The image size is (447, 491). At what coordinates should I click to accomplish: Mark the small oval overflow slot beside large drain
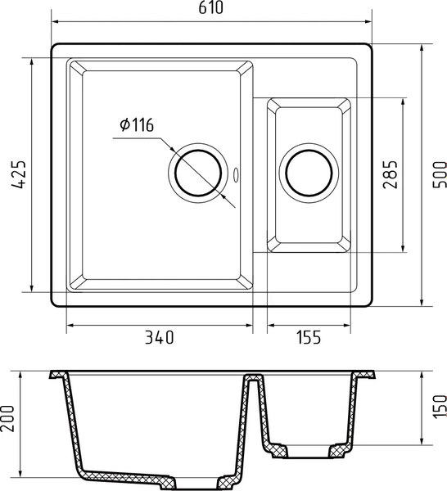point(237,174)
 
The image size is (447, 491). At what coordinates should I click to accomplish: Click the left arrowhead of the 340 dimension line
point(70,326)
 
